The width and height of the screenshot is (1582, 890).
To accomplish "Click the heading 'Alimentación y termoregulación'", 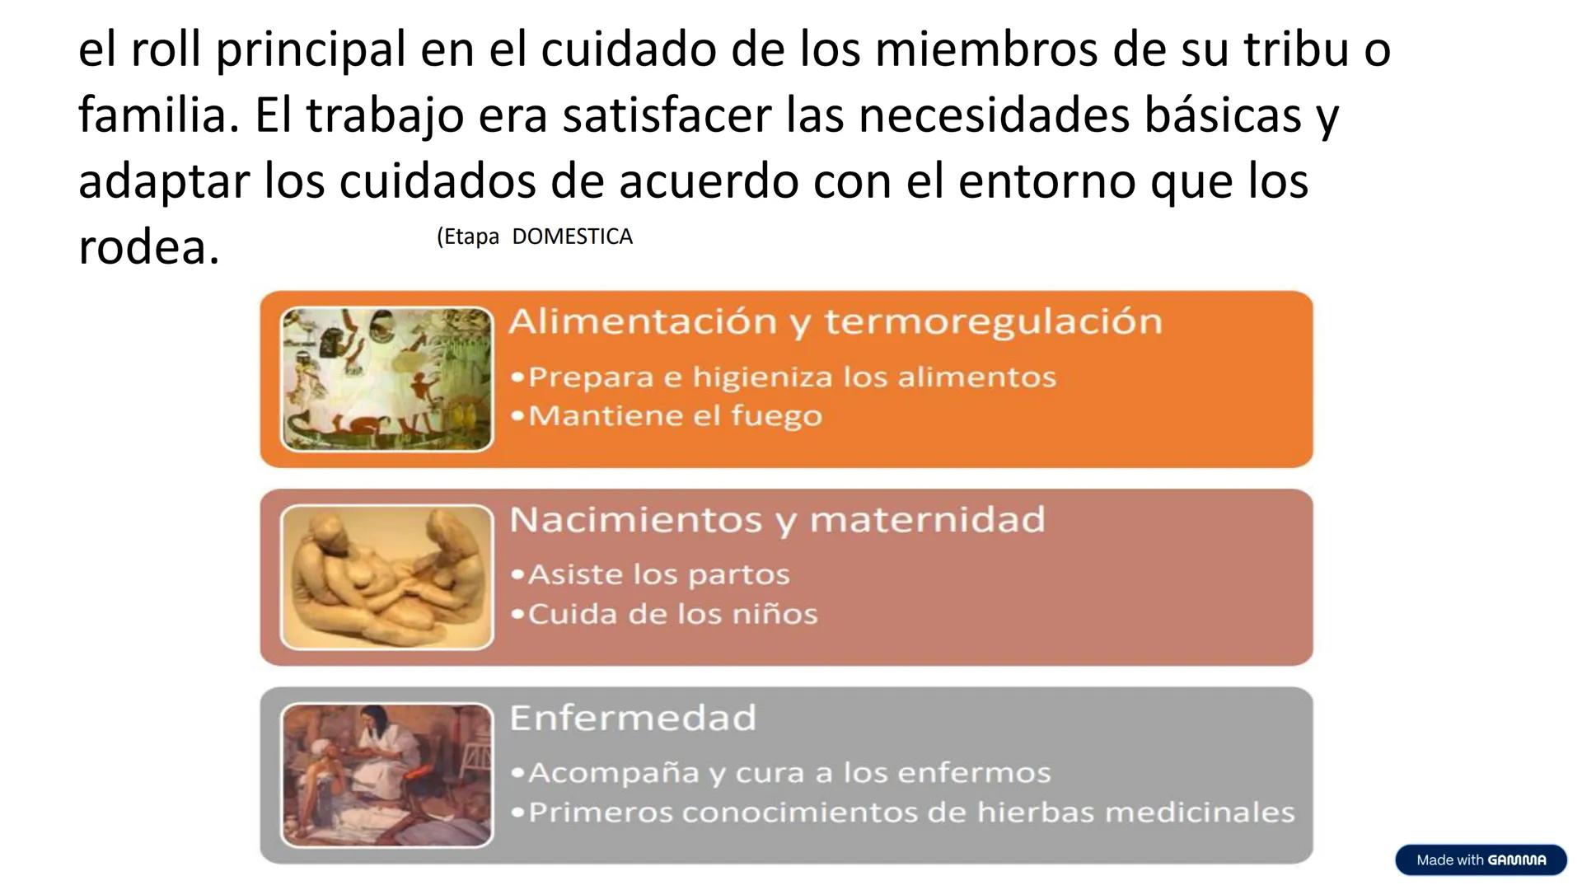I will pos(835,321).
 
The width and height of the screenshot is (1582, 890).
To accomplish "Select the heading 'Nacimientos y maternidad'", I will pos(777,520).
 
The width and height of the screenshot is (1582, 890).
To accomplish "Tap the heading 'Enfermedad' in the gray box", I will pos(633,718).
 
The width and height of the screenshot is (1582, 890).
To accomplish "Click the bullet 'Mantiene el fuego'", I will pos(675,415).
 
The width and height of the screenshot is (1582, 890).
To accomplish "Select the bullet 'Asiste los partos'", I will pos(658,574).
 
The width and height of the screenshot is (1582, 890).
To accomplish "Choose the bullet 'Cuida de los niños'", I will pos(672,614).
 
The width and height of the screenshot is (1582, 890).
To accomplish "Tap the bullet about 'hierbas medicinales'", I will pos(911,813).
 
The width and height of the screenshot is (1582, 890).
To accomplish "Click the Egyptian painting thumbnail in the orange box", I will pos(386,379).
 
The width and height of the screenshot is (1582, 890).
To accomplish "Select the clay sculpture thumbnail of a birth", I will pos(386,577).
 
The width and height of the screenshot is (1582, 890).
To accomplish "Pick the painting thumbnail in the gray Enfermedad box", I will pos(386,775).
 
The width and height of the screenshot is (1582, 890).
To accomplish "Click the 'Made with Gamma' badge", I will pos(1481,860).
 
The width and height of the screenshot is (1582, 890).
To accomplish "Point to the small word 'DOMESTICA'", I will pos(572,237).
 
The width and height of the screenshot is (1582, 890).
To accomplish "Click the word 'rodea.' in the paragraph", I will pos(149,247).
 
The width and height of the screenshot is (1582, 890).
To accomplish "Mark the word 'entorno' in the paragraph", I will pos(1046,181).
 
